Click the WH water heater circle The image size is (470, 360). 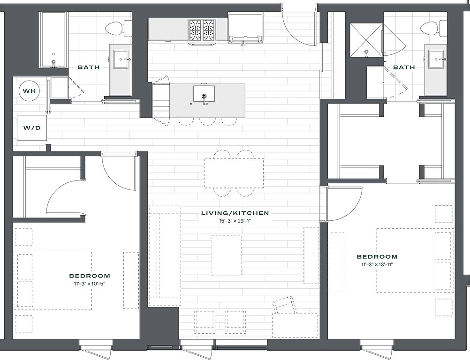[30, 91]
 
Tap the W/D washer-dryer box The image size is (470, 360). [32, 128]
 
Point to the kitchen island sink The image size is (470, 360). [204, 94]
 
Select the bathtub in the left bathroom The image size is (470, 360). [54, 40]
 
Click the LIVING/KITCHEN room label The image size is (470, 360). [235, 213]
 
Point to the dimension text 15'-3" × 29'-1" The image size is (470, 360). [235, 221]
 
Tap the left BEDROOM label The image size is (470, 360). [90, 276]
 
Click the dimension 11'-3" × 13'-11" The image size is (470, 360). [377, 264]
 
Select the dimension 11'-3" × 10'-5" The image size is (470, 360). [90, 284]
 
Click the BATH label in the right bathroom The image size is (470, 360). [404, 67]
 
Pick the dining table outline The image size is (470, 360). [234, 173]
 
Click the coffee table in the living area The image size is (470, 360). [227, 255]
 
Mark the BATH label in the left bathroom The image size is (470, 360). [89, 67]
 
